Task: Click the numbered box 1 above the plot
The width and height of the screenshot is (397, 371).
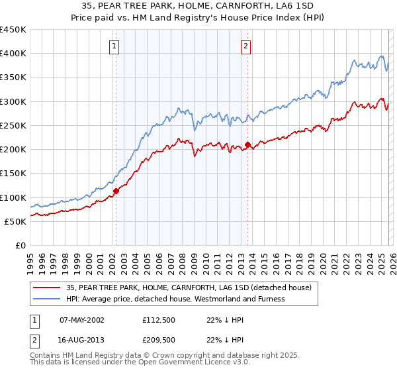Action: pos(115,46)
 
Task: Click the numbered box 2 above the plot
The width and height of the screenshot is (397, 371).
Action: pos(245,46)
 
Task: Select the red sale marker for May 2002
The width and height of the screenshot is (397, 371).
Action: pos(116,191)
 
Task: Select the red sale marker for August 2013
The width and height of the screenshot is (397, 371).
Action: pos(247,144)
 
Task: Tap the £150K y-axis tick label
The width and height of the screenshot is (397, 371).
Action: pos(13,173)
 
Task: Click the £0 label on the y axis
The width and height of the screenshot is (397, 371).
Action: pos(21,245)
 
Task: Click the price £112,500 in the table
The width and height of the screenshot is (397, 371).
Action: pos(162,319)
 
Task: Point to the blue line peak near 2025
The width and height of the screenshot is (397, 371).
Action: pos(382,56)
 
